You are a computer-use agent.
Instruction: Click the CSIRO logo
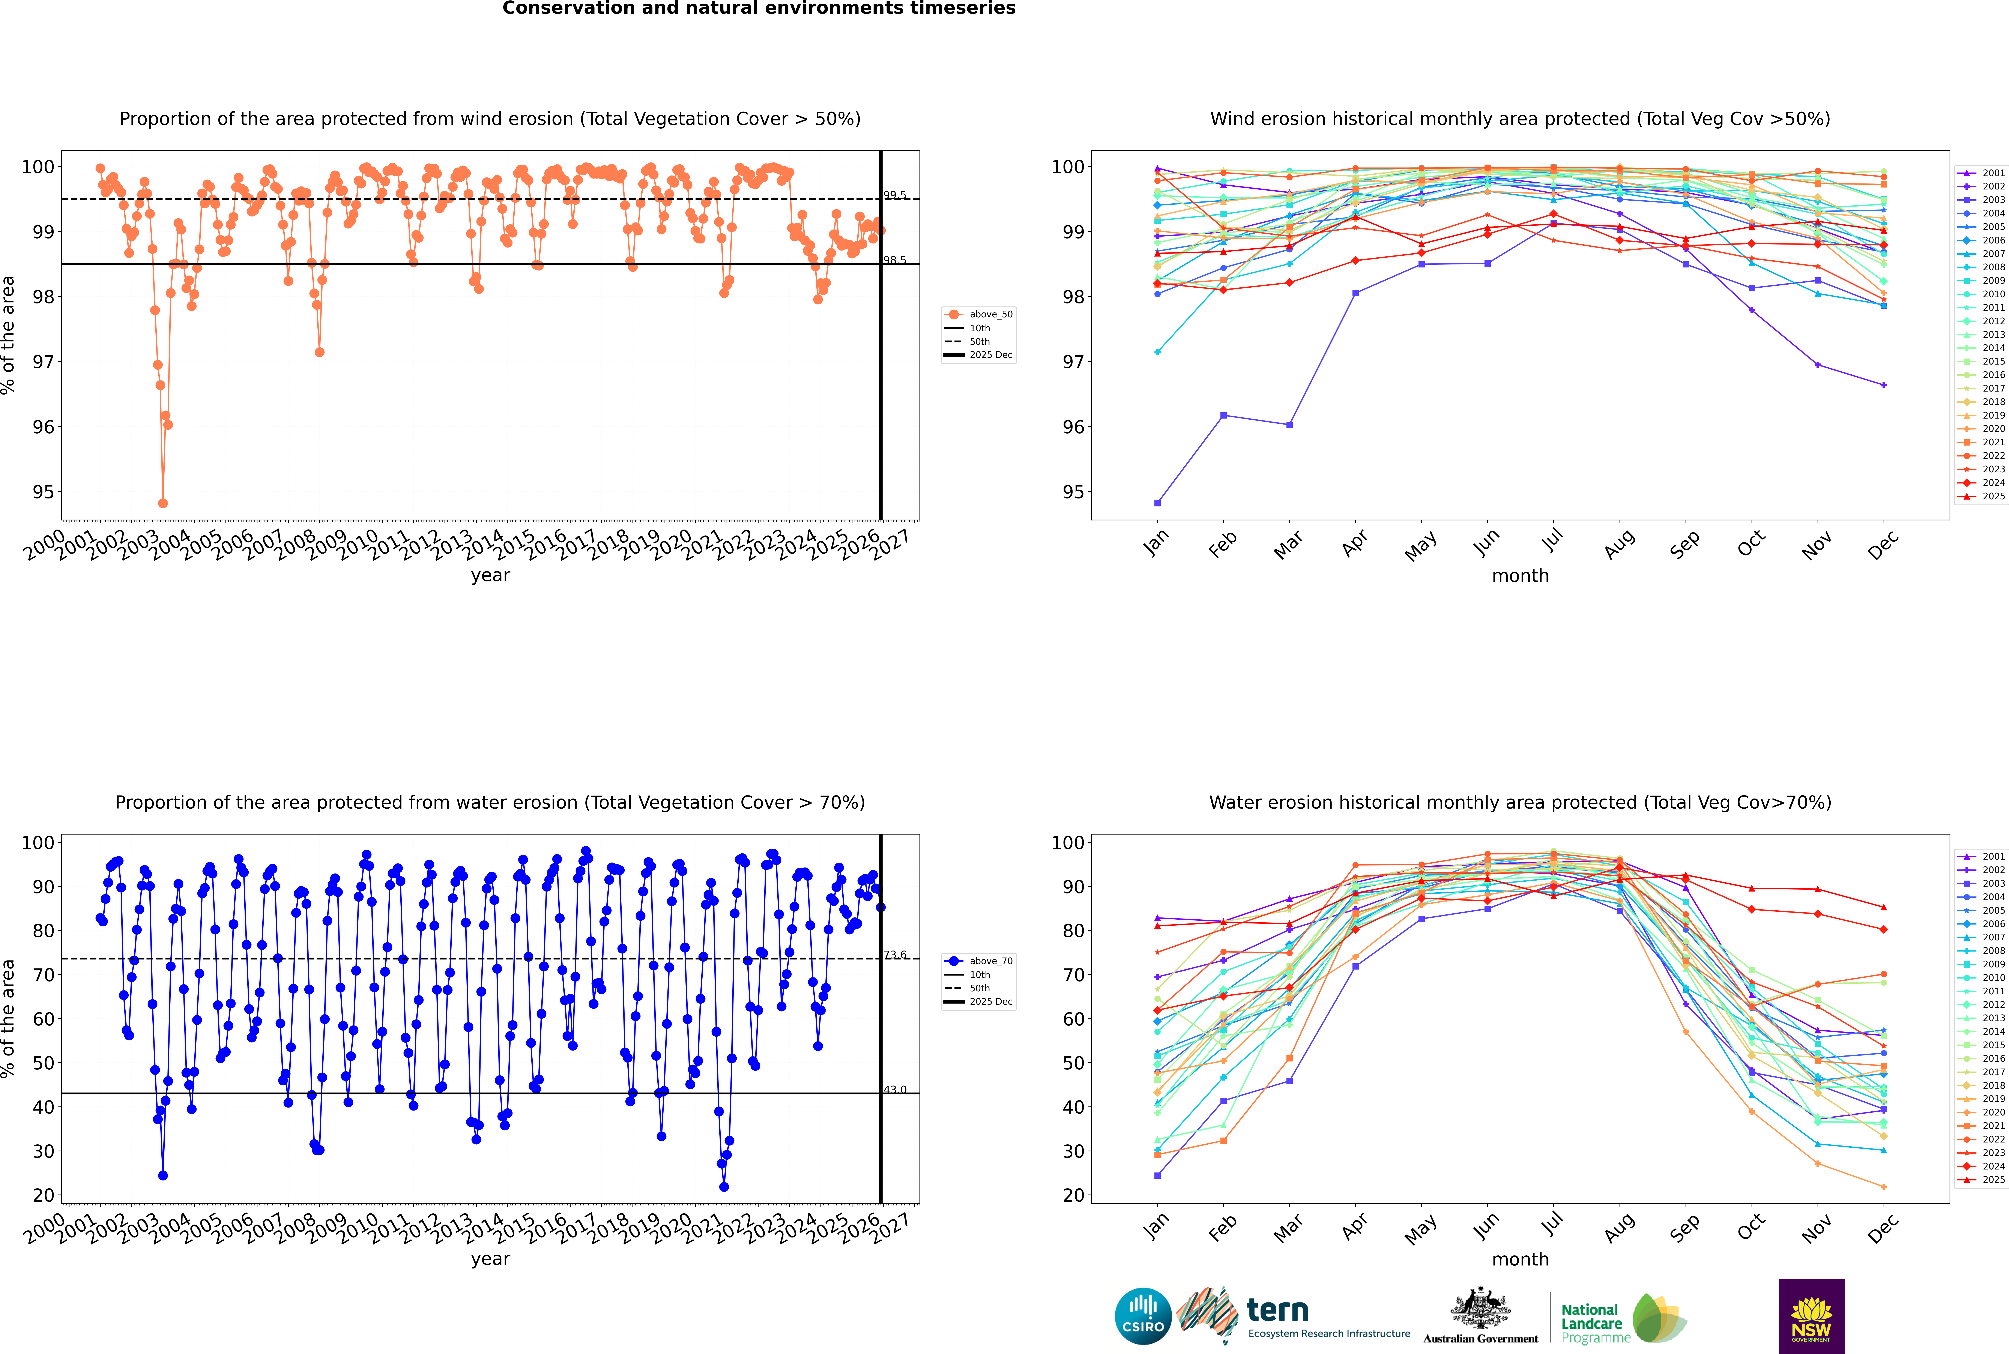[1143, 1316]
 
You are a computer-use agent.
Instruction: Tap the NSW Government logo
[1811, 1316]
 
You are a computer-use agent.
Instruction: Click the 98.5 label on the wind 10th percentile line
[895, 260]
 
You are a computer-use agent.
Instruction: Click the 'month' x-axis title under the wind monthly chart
[1520, 576]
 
